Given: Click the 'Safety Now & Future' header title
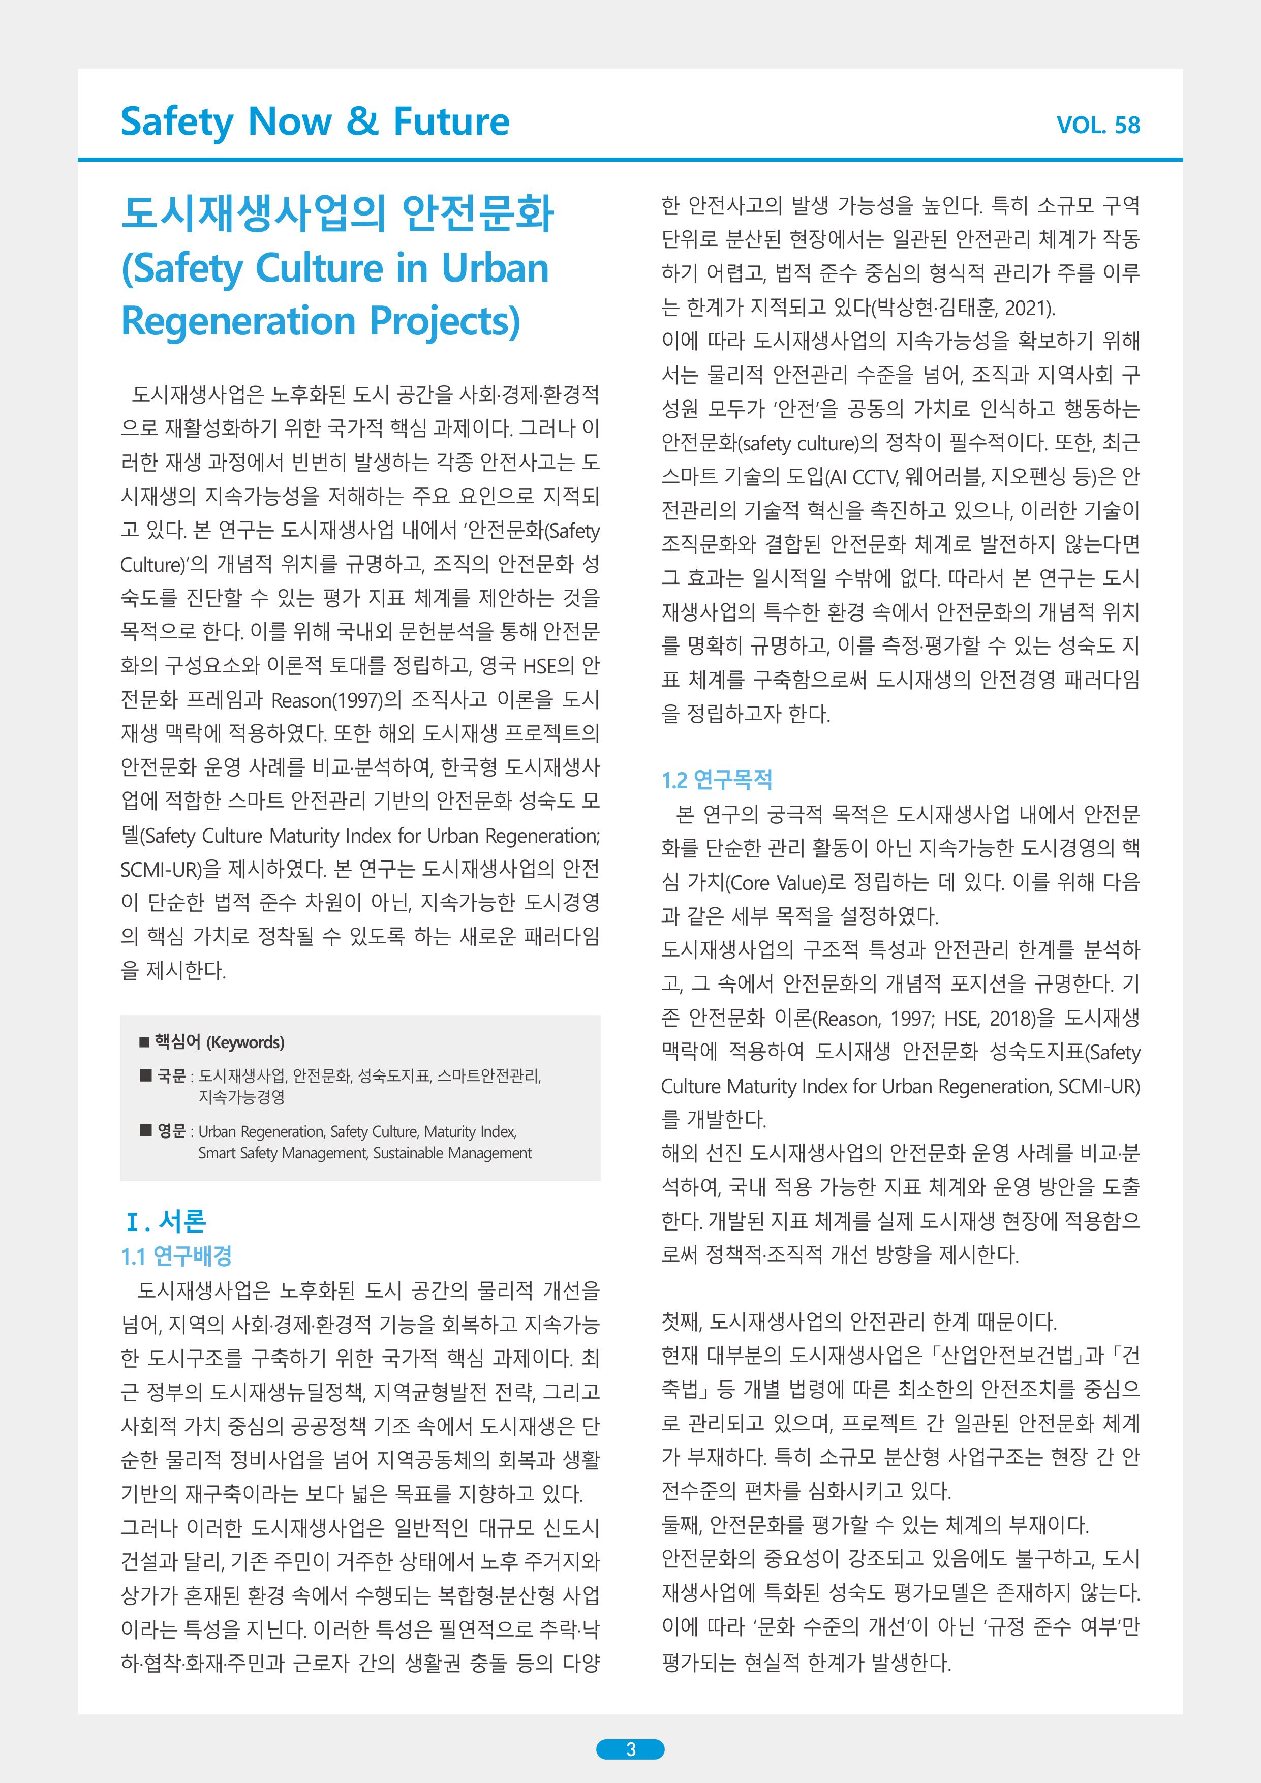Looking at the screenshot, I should click(x=315, y=122).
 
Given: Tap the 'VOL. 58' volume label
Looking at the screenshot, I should click(x=1098, y=125).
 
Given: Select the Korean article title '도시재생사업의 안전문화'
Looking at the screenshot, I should click(x=338, y=213).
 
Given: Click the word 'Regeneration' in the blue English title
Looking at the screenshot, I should click(x=237, y=321).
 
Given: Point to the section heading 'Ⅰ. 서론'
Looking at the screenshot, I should click(x=165, y=1221).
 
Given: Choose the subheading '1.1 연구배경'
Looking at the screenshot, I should click(x=176, y=1256).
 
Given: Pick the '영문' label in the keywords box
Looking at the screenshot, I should click(x=172, y=1131).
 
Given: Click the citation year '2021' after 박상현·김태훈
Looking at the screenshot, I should click(x=1026, y=309).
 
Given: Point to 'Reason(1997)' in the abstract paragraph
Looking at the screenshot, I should click(x=335, y=700).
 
